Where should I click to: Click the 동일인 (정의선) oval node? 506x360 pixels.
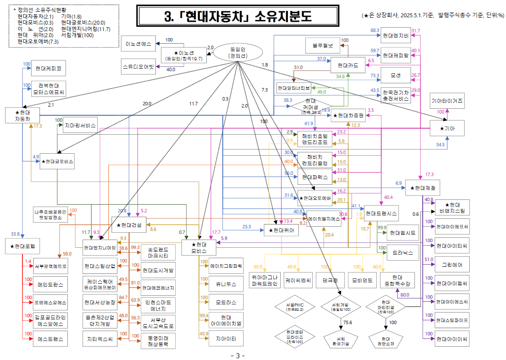(x=237, y=53)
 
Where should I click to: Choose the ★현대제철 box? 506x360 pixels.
(x=423, y=188)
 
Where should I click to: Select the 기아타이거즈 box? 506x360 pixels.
(x=447, y=101)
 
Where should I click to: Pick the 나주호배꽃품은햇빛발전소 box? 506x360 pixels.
(x=51, y=215)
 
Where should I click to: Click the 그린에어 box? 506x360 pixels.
(x=452, y=264)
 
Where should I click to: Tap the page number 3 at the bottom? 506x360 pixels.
(x=237, y=356)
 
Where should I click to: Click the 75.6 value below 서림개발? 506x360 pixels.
(x=348, y=322)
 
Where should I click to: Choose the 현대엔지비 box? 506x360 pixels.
(x=395, y=35)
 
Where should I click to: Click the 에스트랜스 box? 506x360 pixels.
(x=51, y=339)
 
